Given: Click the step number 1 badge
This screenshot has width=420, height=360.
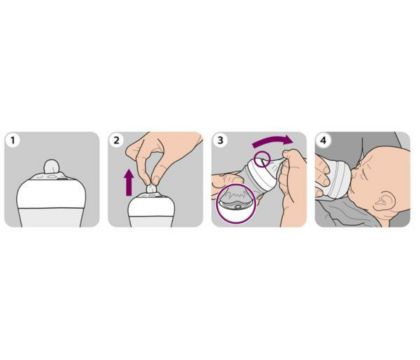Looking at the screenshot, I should pos(13,141).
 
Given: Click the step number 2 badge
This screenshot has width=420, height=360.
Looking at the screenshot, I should pos(117,141).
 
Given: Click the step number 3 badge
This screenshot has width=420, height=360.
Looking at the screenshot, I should pos(220,141).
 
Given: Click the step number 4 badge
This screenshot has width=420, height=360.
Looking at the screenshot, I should pos(323,141).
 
